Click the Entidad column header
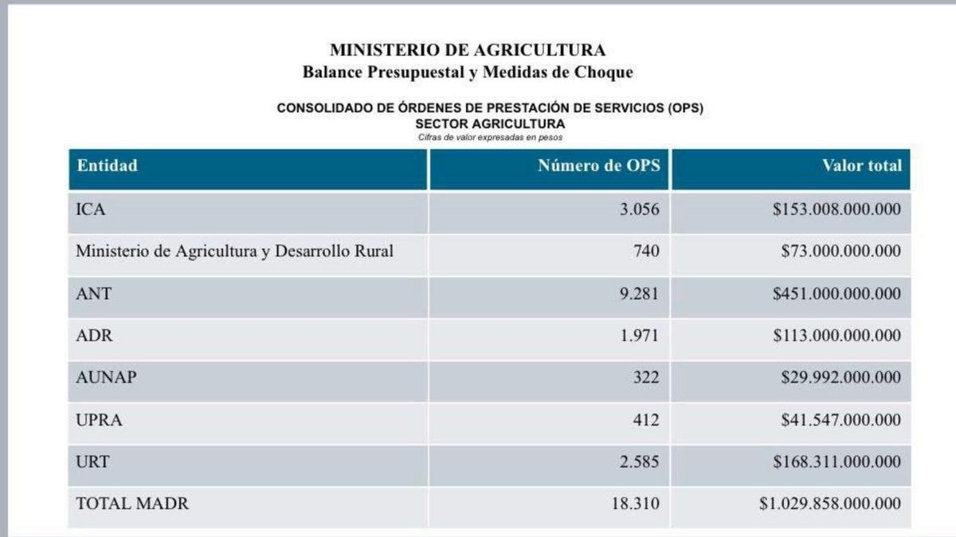[107, 165]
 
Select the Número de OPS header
[599, 165]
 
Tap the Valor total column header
[862, 165]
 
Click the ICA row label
[91, 209]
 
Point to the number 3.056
[639, 209]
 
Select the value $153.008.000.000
[836, 208]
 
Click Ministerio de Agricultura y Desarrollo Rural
[234, 251]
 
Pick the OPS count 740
[646, 251]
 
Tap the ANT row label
[93, 294]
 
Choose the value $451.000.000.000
[836, 294]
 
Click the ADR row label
[94, 336]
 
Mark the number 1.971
[639, 336]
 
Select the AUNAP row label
[106, 377]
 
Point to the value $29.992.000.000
[840, 377]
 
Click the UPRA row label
[99, 420]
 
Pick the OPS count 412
[646, 420]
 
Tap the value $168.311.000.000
[836, 461]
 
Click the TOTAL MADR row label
[132, 504]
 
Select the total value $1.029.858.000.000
[829, 504]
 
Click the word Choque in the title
[604, 72]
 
